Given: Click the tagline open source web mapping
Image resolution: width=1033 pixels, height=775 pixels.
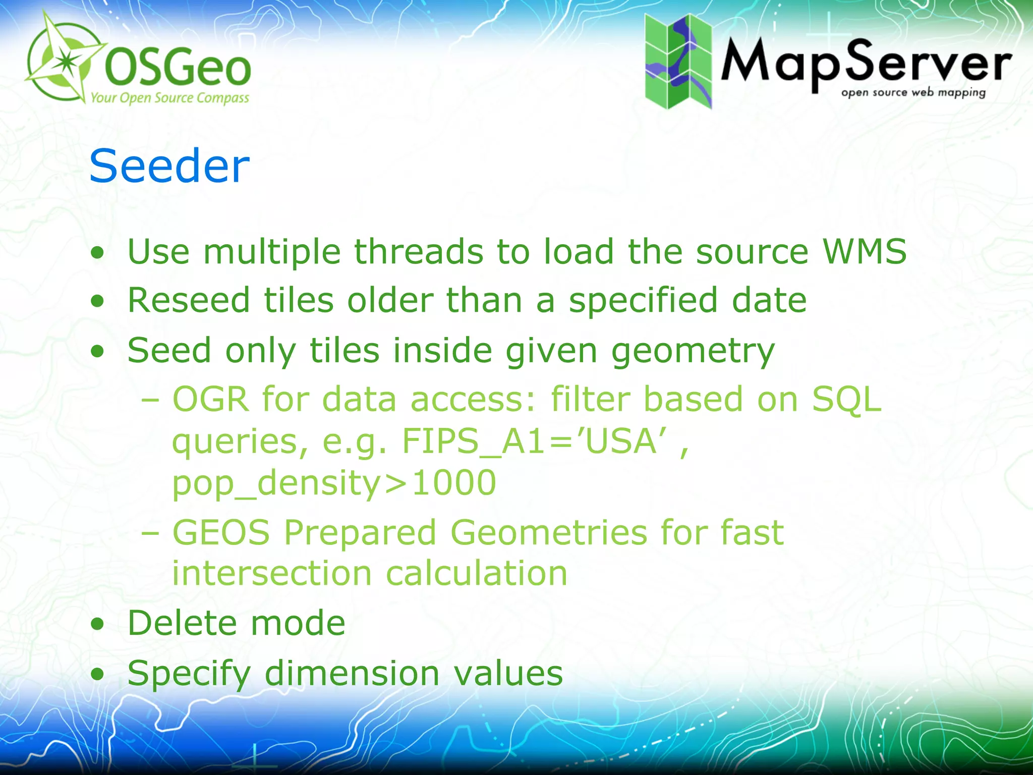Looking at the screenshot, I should pos(913,93).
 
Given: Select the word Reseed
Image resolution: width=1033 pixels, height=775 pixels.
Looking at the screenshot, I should pos(189,300).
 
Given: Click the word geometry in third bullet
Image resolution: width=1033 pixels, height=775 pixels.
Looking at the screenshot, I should pos(693,351).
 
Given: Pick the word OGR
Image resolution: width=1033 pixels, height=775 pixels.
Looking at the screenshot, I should pos(211,399).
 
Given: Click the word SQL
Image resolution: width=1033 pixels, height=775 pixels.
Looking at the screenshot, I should pos(846,399).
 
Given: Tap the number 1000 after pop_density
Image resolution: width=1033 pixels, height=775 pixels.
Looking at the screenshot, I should pos(454,483).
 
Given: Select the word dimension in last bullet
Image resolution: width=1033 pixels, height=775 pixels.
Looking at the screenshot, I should pos(352,673).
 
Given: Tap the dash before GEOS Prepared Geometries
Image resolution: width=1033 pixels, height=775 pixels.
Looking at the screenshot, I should pos(150,533).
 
